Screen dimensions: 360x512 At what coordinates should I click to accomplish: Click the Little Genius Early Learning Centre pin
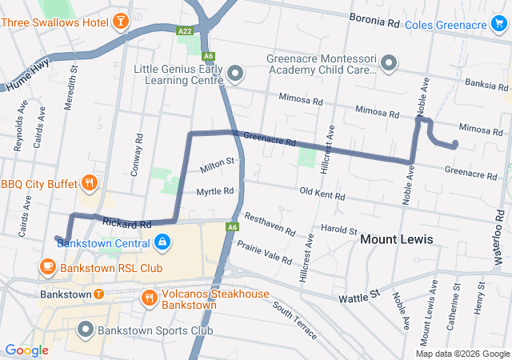pos(235,74)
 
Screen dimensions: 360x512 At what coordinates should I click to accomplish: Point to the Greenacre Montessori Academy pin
pos(389,62)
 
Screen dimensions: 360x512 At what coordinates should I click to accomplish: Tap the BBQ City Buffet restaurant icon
pos(89,183)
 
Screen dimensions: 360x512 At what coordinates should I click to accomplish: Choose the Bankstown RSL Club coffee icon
pos(46,266)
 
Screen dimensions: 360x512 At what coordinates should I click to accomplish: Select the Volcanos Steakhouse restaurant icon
pos(149,298)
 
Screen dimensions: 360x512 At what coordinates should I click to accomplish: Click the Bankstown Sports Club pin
pos(86,329)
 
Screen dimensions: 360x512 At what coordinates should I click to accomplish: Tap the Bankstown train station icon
pos(98,294)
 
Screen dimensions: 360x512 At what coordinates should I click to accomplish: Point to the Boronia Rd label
pos(374,21)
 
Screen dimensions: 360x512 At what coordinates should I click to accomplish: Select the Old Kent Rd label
pos(322,194)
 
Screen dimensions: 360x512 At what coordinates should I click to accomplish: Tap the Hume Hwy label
pos(26,77)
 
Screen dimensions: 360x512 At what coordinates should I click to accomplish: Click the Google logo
pos(27,350)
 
